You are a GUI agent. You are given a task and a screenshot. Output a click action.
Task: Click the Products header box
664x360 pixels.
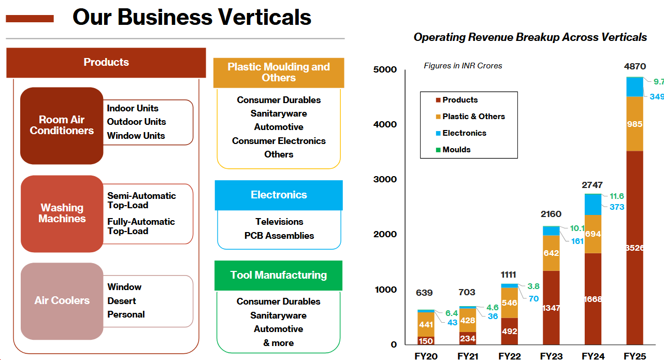click(x=106, y=62)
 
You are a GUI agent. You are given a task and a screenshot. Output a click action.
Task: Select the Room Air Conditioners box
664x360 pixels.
click(x=62, y=125)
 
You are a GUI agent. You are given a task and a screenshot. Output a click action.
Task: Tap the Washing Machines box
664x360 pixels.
click(x=62, y=213)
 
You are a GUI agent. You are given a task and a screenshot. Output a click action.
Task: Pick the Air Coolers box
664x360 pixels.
click(x=62, y=300)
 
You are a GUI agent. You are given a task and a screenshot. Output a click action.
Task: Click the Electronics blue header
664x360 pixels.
click(x=279, y=195)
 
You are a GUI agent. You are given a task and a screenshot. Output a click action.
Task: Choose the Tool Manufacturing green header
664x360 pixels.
click(x=279, y=275)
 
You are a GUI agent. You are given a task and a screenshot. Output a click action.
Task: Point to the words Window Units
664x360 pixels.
click(x=136, y=136)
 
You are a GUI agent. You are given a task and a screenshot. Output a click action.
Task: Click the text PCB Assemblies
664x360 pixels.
click(x=279, y=236)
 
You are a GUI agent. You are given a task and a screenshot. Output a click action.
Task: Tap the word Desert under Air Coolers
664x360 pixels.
click(x=122, y=301)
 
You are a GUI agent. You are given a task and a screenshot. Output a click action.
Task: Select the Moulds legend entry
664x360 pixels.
click(x=456, y=150)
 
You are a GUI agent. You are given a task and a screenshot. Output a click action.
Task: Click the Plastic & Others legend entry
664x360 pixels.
click(x=473, y=117)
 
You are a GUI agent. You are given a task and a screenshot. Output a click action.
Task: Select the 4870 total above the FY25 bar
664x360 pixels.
click(x=635, y=66)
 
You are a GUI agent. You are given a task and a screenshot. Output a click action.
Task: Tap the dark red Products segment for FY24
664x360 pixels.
click(x=593, y=299)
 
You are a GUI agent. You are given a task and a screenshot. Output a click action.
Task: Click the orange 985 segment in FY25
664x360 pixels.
click(x=634, y=124)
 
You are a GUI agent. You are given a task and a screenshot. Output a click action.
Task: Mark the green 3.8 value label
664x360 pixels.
click(x=533, y=286)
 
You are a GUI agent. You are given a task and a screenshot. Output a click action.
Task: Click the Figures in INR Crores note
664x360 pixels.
click(x=463, y=66)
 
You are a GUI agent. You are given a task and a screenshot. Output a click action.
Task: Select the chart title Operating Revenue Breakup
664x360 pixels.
click(x=530, y=37)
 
